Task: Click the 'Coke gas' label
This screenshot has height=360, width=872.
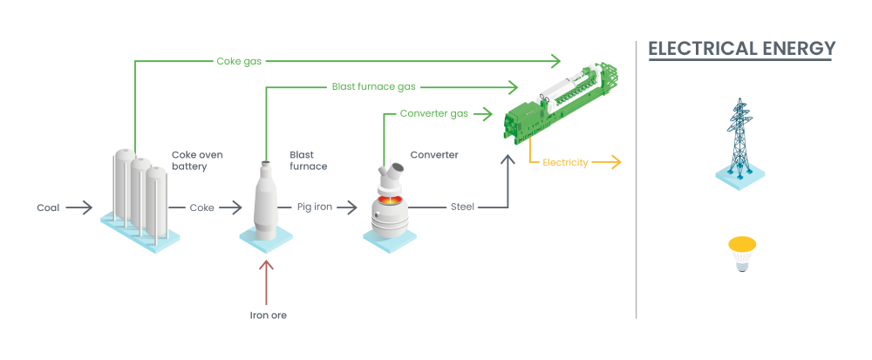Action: coord(239,61)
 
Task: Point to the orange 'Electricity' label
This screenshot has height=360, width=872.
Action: coord(566,162)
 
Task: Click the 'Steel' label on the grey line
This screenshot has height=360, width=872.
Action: coord(461,207)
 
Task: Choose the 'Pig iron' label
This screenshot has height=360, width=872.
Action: coord(316,207)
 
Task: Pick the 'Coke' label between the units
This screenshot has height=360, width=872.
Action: coord(201,207)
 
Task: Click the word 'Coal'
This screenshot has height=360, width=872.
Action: coord(48,207)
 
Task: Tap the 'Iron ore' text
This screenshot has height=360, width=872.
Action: coord(268,316)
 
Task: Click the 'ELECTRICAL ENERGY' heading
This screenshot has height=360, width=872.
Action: coord(741,49)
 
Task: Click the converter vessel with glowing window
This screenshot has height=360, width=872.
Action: coord(388,205)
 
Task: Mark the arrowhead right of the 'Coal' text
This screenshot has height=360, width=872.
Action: coord(87,207)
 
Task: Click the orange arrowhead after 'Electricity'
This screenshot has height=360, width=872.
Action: coord(615,162)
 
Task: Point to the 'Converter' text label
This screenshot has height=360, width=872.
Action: coord(434,155)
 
